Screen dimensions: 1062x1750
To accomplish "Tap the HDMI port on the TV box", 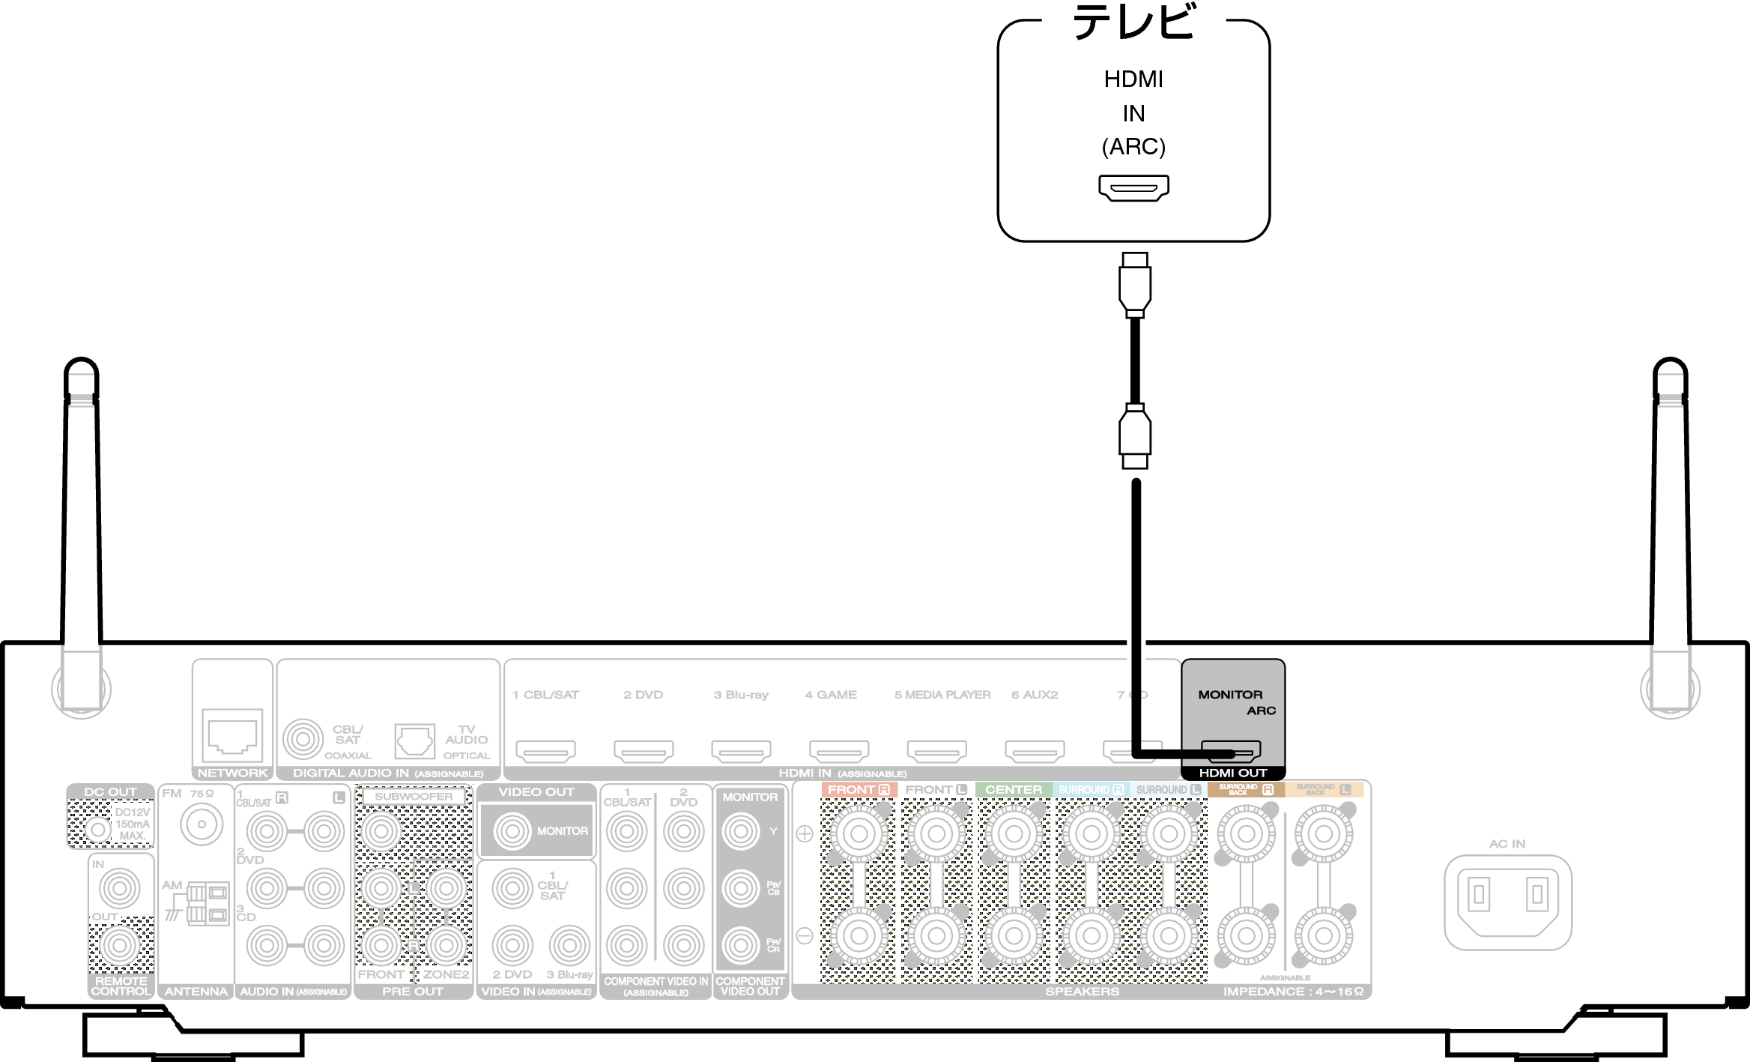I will coord(1133,187).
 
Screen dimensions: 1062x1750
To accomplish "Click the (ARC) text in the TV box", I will coord(1133,146).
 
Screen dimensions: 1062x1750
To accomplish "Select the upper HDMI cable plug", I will coord(1135,285).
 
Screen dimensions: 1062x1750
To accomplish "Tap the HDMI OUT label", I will coord(1232,773).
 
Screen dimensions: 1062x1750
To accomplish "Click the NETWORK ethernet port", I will coord(232,735).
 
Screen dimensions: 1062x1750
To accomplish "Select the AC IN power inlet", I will coord(1507,902).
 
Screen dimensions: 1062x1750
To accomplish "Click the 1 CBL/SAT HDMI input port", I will coord(545,750).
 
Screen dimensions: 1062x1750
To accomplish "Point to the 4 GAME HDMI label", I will coord(831,695).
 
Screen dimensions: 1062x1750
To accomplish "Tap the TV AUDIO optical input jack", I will coord(414,740).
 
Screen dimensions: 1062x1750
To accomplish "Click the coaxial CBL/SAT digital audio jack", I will coord(303,739).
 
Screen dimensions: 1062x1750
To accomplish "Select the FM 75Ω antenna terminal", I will coord(202,824).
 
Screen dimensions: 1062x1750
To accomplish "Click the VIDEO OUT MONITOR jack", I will coord(512,830).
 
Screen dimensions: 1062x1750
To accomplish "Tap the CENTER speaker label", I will coord(1013,790).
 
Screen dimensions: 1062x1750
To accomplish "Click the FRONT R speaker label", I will coord(859,790).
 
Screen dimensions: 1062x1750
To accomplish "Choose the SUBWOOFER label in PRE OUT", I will coord(414,796).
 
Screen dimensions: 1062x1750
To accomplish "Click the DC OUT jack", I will coord(97,830).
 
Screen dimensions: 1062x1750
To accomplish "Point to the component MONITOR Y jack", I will coord(741,831).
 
